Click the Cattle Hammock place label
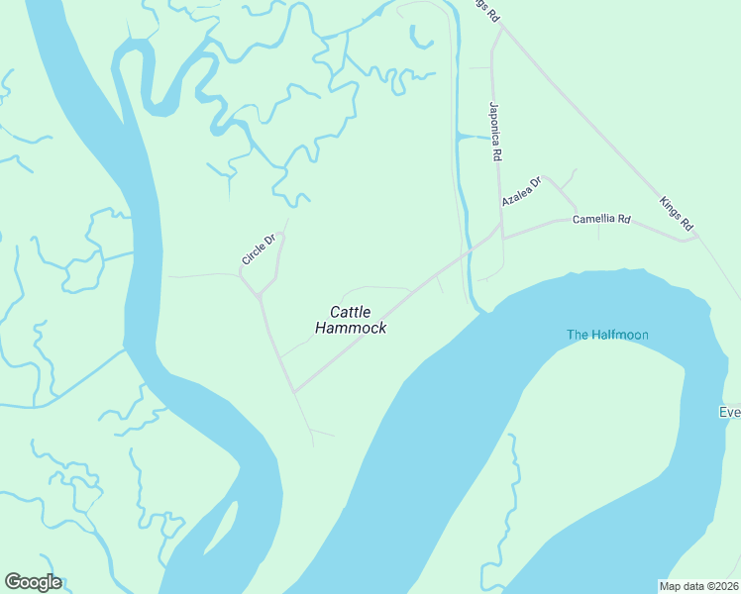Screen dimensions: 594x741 tap(351, 320)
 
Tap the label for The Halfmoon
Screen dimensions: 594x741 tap(607, 335)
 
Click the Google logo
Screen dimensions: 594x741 tap(33, 582)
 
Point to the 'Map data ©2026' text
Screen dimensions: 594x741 tap(698, 585)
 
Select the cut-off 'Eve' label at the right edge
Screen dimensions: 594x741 tap(729, 412)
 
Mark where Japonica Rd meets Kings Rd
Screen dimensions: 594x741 tap(502, 28)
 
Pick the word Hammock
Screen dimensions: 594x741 tap(351, 329)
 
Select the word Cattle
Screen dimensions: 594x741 tap(351, 312)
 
